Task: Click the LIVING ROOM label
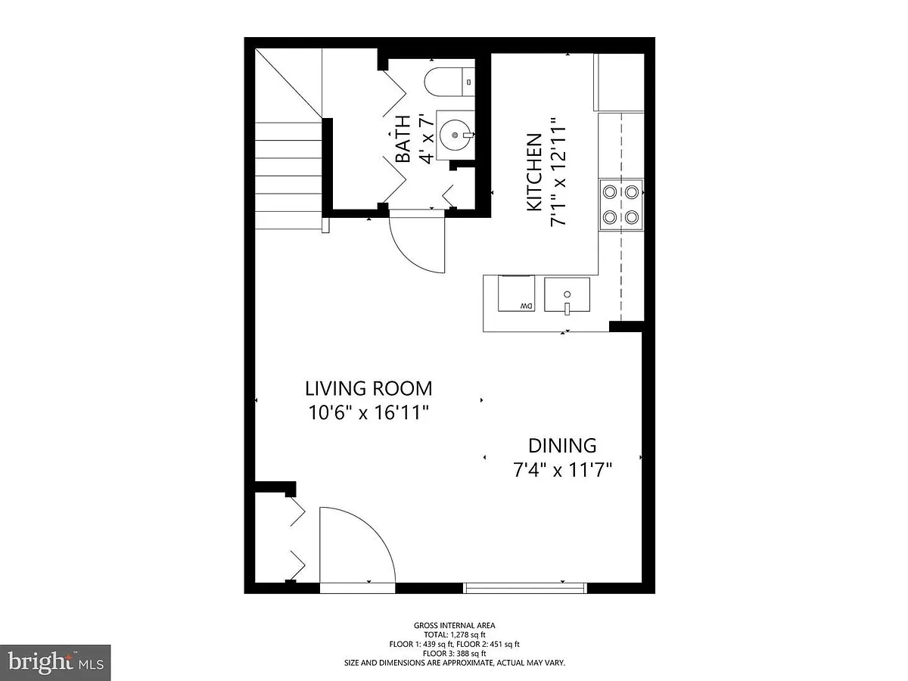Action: (x=368, y=389)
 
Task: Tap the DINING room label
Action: (x=562, y=446)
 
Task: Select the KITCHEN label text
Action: (x=534, y=173)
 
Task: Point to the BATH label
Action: (x=403, y=139)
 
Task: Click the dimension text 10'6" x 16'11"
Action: (x=368, y=412)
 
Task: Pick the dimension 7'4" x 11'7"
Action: (x=563, y=470)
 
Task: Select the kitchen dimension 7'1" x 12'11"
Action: (x=558, y=172)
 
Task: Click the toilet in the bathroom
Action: (x=449, y=82)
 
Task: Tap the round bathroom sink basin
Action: (x=456, y=135)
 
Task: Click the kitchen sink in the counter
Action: (x=567, y=294)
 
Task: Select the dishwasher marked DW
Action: (x=516, y=293)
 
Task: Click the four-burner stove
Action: (x=621, y=204)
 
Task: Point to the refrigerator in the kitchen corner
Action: (x=619, y=82)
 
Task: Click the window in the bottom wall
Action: (x=524, y=588)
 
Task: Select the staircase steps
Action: (x=288, y=176)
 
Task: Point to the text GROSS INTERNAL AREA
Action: (x=454, y=626)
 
